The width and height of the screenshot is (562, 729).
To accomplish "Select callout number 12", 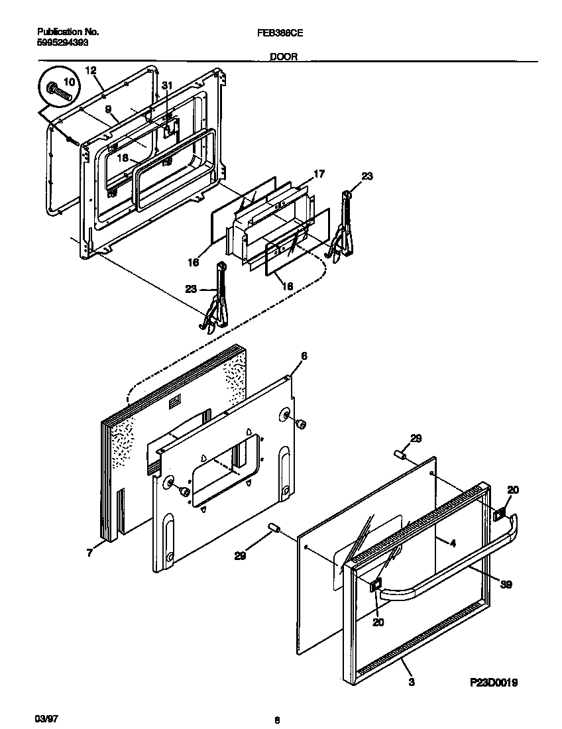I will pos(91,70).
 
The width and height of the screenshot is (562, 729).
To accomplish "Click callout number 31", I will pos(166,85).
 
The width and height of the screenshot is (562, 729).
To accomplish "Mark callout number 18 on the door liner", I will pos(122,158).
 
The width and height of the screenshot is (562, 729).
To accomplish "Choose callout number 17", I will pos(319,174).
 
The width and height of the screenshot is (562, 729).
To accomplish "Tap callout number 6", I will pos(304,356).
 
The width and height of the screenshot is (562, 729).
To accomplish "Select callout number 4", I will pos(453,543).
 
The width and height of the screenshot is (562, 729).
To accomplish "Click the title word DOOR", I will pos(283,57).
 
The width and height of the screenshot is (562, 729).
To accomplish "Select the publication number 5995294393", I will pos(60,41).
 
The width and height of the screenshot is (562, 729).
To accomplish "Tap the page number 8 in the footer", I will pos(276,720).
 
